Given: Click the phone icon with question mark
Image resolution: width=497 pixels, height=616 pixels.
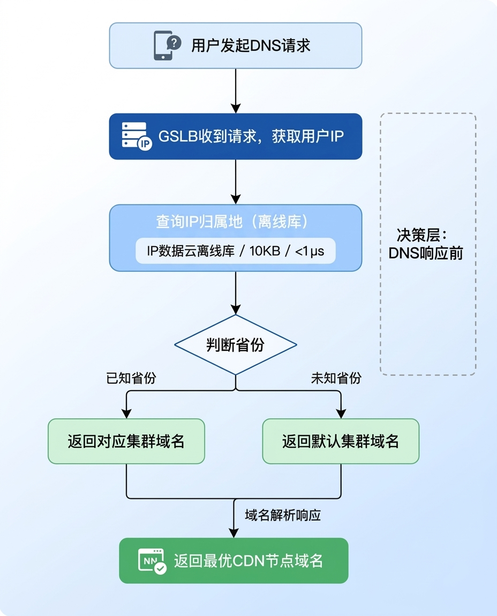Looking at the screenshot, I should pos(167,45).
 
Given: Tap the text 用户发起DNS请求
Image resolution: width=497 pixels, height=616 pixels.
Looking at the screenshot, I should pos(251,45).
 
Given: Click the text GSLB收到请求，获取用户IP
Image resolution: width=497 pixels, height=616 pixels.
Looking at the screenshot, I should pos(251,136).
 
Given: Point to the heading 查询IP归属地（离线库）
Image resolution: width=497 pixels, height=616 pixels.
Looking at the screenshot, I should pos(235,222).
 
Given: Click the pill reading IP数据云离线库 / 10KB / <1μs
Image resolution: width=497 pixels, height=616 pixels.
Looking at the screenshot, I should pos(235,250).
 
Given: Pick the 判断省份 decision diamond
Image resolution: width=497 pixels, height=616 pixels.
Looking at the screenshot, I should pos(235,345).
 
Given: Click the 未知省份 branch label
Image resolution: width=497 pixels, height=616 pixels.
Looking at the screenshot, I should pos(336,378).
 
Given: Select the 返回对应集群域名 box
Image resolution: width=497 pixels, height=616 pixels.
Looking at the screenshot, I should pos(126,441).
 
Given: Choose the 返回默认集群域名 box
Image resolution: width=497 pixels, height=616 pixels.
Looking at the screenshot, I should pos(341,441).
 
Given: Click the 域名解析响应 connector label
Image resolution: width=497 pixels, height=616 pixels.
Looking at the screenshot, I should pos(283,515).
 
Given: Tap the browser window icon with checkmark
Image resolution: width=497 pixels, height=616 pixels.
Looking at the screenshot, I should pos(153,561).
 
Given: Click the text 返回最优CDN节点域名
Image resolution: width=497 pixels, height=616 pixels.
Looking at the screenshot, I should pos(248,561).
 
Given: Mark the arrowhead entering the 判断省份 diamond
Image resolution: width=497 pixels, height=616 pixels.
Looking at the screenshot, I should pos(235,309).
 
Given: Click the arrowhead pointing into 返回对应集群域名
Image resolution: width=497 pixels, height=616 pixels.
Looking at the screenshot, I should pos(126,413).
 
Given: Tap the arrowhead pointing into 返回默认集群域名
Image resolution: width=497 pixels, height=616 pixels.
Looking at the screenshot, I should pos(341,413).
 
